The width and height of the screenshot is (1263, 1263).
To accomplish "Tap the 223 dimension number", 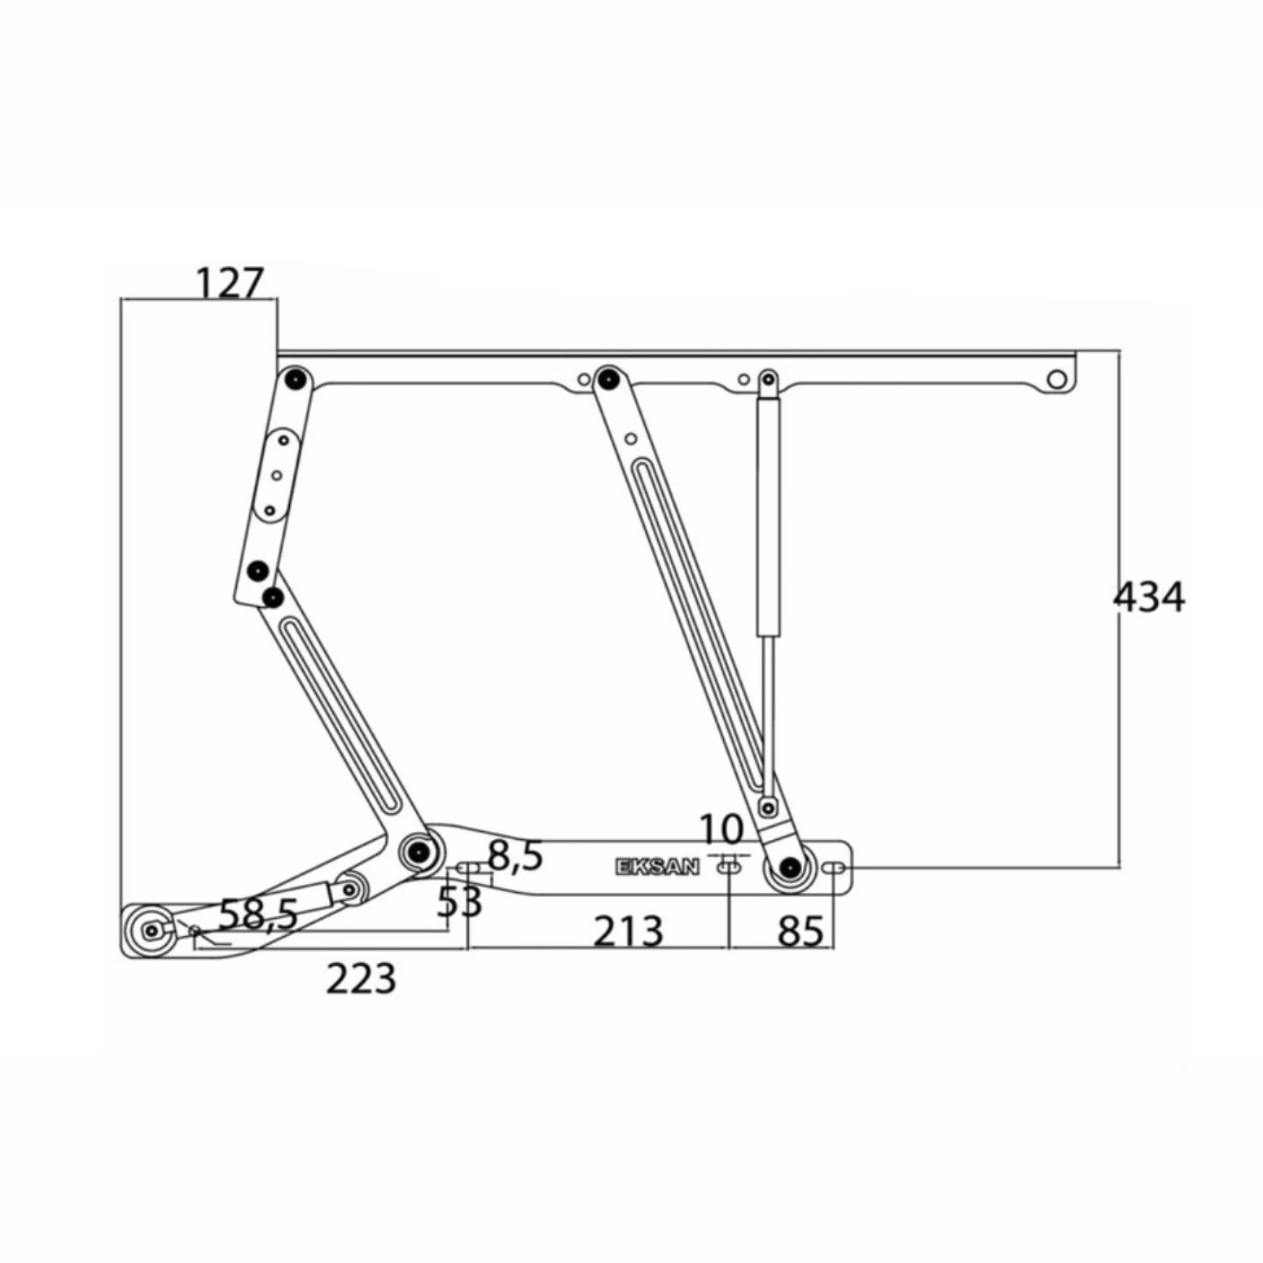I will point(361,979).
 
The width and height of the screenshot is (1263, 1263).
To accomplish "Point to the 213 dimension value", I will point(628,931).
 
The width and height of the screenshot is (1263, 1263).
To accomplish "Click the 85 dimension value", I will point(800,931).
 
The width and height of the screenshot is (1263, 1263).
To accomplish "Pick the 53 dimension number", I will point(460,901).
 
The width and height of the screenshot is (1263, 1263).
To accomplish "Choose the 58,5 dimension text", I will point(258,915).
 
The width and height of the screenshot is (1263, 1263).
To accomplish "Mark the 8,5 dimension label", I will point(515,856).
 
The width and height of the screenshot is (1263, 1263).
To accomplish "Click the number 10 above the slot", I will point(722,830).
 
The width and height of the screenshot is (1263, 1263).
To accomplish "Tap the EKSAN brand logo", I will point(657,868).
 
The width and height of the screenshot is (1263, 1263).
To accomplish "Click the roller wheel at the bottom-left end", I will point(150,931).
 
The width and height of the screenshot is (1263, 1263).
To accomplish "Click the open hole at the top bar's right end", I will point(1056,380).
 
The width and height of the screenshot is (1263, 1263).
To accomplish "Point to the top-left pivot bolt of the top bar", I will point(296,380).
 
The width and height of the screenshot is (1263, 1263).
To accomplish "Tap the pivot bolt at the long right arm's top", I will point(607,378).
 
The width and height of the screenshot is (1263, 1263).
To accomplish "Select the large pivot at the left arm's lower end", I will point(418,851).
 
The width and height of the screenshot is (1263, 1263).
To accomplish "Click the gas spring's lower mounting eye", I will point(766,808).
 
